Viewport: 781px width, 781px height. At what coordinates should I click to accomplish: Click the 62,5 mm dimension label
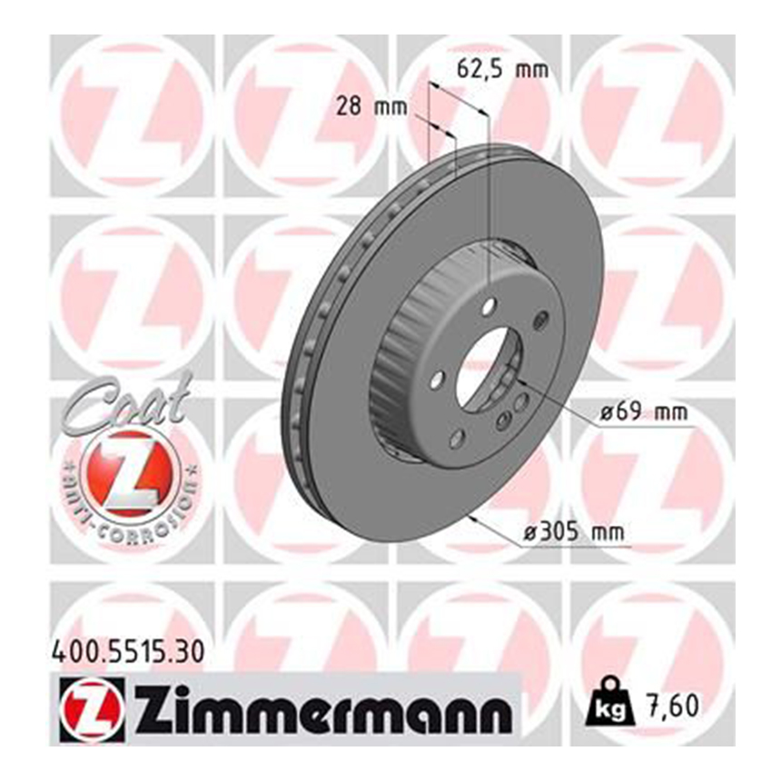(502, 70)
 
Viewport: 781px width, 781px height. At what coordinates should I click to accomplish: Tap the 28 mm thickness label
(372, 106)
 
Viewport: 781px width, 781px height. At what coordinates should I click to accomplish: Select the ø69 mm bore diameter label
(643, 412)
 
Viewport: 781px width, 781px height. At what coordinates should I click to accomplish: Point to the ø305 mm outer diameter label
(574, 532)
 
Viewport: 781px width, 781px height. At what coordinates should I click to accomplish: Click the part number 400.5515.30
(128, 651)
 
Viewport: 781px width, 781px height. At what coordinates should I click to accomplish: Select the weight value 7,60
(672, 705)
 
